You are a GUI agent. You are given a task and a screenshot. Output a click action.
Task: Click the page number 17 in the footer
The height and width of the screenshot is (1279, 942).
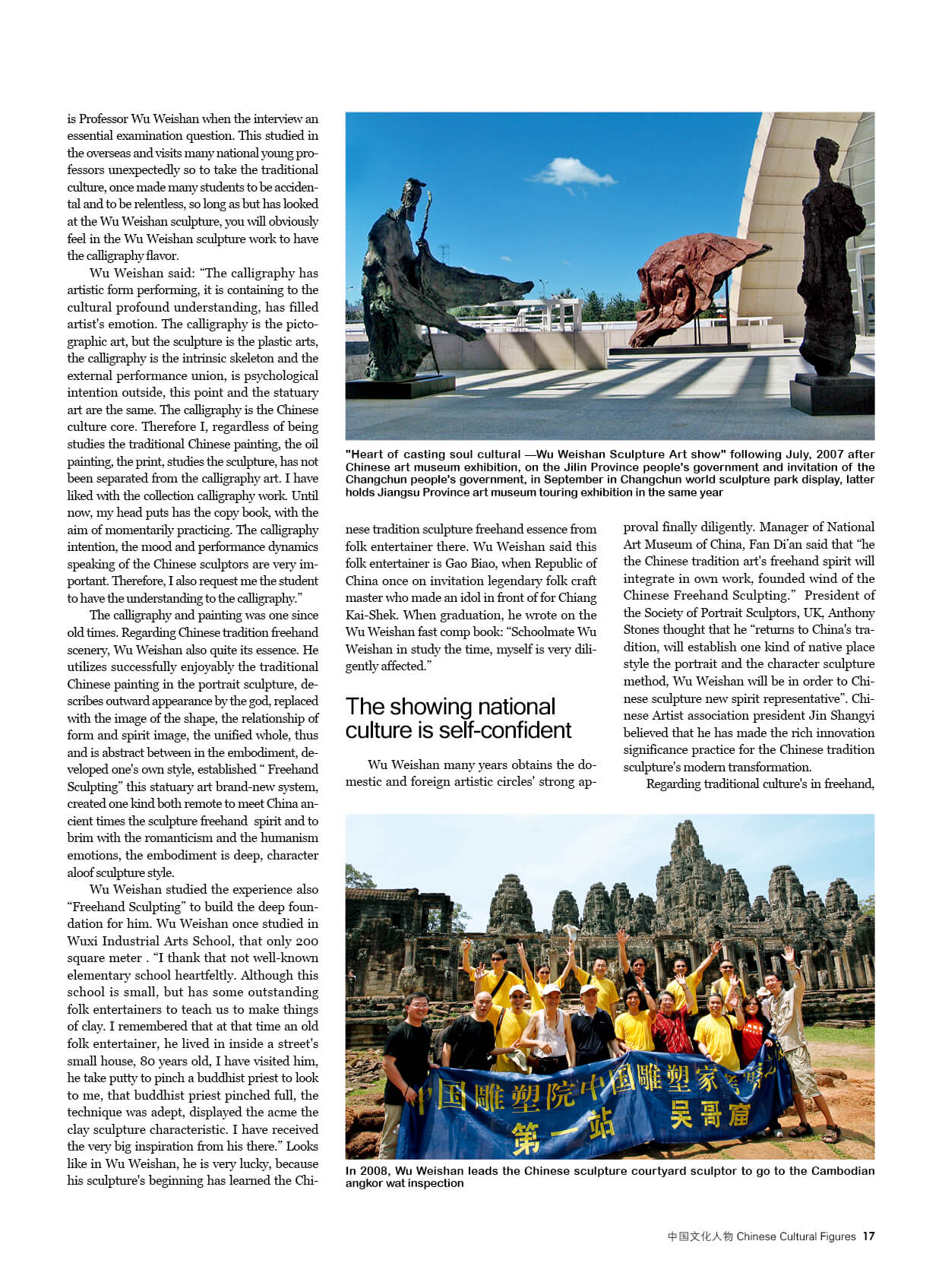click(x=868, y=1236)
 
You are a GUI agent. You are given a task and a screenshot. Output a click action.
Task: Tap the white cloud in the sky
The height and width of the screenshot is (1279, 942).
click(x=574, y=173)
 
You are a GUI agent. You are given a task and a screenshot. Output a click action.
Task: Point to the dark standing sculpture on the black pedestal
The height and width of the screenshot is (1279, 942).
click(x=831, y=258)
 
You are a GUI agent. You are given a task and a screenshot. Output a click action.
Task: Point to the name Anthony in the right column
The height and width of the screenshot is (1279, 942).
click(x=851, y=613)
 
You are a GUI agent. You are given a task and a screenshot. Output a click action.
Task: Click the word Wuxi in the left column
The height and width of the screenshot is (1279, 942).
click(x=81, y=941)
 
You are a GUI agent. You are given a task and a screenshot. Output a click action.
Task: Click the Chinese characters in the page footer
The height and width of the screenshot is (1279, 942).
click(x=700, y=1236)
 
